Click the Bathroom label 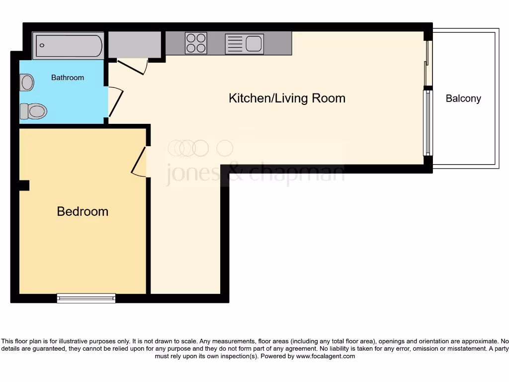68,78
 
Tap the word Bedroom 83,211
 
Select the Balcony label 463,98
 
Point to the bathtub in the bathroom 68,46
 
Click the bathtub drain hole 42,46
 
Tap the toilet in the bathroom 33,111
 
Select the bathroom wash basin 26,82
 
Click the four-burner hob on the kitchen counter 196,43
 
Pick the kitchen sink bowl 253,44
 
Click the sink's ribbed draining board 235,44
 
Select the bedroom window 86,298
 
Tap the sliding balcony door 427,63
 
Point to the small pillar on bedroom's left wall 23,185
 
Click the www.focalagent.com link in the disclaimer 326,356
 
